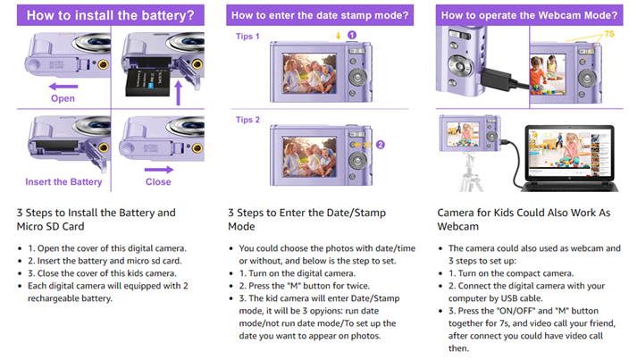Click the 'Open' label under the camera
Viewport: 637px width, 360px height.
63,98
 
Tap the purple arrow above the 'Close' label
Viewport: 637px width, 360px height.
159,170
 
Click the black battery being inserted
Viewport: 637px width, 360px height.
148,82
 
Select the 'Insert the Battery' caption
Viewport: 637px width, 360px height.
63,182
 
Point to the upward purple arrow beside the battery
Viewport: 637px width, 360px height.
178,93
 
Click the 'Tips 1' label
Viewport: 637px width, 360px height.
247,37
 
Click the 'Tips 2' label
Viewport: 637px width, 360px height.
247,120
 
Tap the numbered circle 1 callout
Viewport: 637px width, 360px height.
352,36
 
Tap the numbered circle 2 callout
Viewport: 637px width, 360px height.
381,145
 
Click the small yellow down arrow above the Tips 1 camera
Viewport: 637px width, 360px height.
338,36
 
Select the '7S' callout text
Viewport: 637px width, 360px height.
609,34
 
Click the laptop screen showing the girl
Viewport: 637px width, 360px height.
569,152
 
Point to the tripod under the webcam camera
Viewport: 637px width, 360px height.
471,172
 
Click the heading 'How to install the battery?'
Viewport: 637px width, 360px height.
111,15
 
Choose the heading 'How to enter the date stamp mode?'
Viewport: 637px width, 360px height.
320,15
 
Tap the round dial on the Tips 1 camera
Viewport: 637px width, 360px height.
357,77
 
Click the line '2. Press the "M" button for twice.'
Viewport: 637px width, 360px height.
305,286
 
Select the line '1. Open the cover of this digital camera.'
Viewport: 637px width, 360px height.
107,248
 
